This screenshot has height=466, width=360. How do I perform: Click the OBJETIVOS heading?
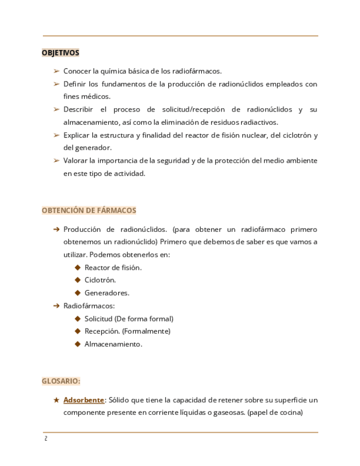60,53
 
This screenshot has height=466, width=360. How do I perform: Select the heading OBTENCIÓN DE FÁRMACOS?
89,210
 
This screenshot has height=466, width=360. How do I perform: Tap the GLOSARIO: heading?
61,381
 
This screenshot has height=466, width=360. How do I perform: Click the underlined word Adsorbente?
84,400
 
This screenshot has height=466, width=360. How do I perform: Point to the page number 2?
46,439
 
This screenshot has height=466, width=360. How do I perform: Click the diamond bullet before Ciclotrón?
77,280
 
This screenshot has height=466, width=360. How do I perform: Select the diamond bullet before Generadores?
77,293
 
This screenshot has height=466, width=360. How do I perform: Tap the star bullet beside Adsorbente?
56,400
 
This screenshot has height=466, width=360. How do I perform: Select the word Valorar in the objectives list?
75,160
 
